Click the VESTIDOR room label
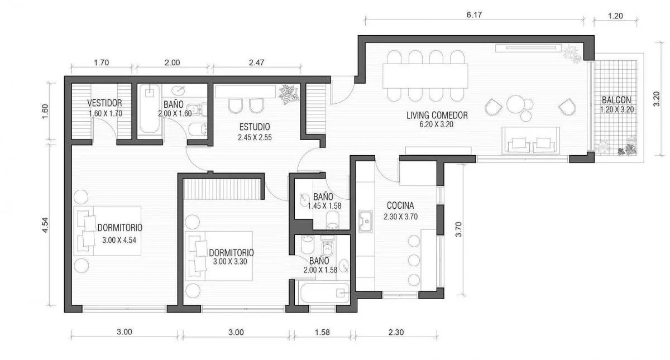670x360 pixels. point(105,103)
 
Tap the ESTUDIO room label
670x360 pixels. point(255,127)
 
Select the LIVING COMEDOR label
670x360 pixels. point(437,115)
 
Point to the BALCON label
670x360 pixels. point(616,100)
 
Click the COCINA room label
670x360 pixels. point(400,206)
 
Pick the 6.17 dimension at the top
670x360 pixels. point(475,15)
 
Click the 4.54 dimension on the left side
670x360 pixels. point(45,225)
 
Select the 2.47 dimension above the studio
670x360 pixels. point(257,63)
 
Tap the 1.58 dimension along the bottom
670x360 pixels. point(322,332)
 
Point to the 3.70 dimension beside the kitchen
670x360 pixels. point(458,229)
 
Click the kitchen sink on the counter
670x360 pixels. point(366,221)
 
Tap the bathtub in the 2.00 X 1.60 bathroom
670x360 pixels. point(149,108)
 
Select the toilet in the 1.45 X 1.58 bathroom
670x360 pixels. point(332,219)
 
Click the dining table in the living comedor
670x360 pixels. point(425,76)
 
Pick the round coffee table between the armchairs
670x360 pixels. point(515,104)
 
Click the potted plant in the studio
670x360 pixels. point(288,94)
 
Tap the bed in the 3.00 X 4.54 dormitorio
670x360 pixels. point(107,231)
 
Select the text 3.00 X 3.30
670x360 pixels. point(230,262)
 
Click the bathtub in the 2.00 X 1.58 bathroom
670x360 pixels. point(325,293)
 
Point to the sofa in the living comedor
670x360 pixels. point(530,140)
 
